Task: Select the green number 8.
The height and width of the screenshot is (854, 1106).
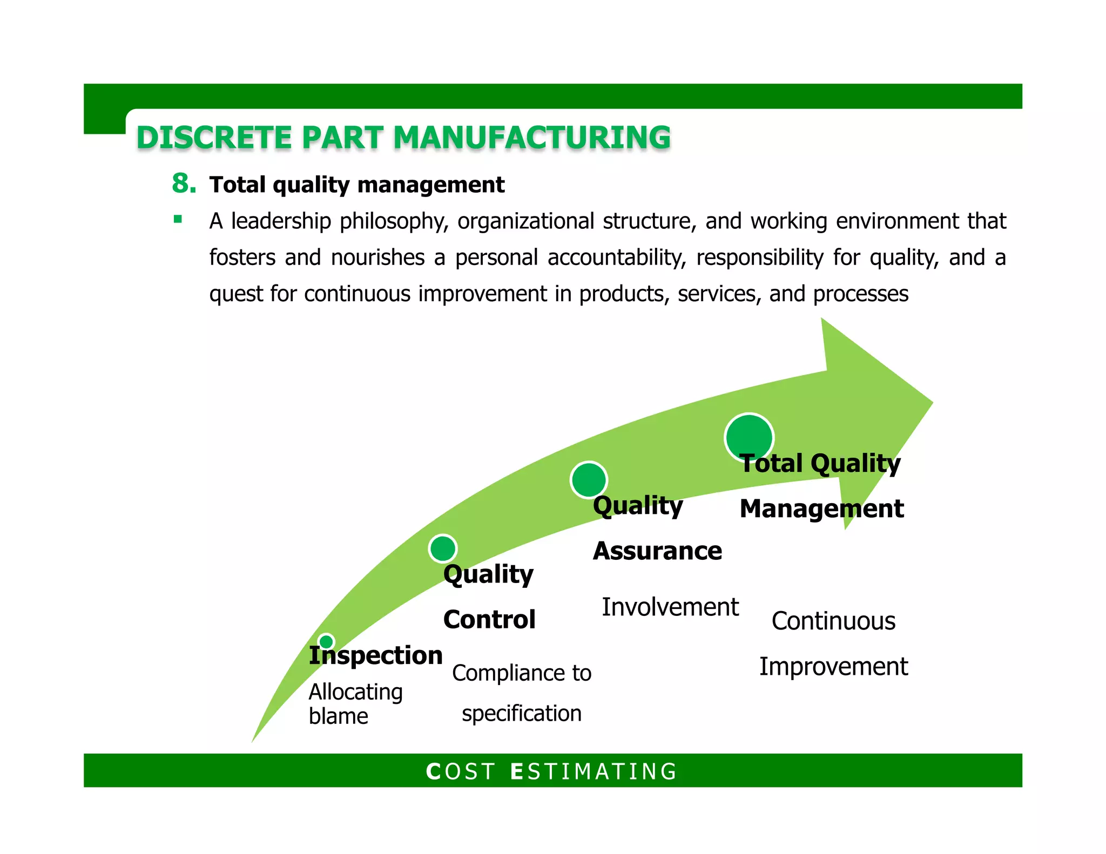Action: tap(183, 184)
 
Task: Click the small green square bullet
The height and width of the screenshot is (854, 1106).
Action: tap(178, 219)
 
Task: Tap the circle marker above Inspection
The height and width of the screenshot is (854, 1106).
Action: tap(326, 642)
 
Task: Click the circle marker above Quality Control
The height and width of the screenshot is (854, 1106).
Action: tap(443, 548)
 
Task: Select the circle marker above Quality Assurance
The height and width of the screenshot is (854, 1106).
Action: tap(589, 479)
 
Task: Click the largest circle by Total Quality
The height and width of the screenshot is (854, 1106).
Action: tap(749, 438)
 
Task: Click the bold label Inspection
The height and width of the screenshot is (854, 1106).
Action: tap(375, 655)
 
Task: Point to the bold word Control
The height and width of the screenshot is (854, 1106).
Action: tap(489, 619)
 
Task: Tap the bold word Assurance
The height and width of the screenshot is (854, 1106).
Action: tap(657, 551)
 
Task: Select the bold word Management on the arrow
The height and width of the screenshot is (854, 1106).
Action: tap(821, 509)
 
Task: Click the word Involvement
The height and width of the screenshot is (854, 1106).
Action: tap(670, 607)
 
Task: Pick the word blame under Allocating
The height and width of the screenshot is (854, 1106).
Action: tap(338, 716)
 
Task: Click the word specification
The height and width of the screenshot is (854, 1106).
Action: tap(521, 714)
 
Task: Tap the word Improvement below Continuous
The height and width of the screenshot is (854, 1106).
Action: tap(833, 667)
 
